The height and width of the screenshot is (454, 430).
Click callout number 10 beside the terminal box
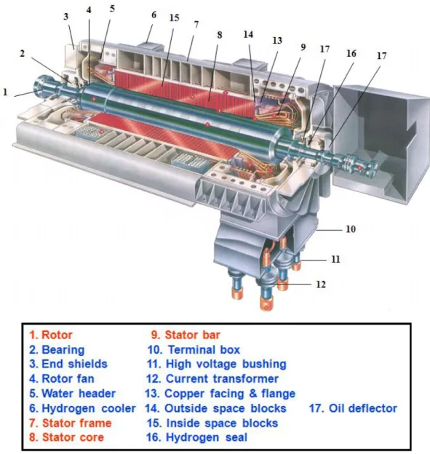pos(351,229)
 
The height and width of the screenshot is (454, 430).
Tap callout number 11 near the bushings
pos(335,259)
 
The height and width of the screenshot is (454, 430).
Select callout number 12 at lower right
pos(321,284)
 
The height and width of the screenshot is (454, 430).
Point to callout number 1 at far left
pos(5,92)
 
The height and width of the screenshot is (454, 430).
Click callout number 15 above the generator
pos(174,17)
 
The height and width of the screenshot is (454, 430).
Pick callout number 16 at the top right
pos(351,53)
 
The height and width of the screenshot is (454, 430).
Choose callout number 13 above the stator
pos(277,40)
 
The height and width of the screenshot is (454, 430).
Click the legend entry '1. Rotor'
pos(51,335)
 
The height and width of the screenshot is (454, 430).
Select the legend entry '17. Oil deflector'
pos(353,408)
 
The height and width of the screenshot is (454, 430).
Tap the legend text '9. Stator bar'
pos(186,335)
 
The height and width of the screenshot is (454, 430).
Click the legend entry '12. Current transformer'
pos(212,379)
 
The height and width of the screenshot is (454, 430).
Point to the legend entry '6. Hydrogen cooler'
pos(82,409)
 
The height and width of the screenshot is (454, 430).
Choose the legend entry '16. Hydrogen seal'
pos(197,437)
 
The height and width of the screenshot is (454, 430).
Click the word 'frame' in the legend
pos(96,423)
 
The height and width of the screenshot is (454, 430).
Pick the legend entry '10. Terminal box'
pos(194,350)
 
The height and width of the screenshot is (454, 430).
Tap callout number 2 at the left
pos(22,54)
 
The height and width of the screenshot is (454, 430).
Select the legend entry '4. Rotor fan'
pos(62,379)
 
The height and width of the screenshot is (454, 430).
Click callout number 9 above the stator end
pos(303,47)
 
